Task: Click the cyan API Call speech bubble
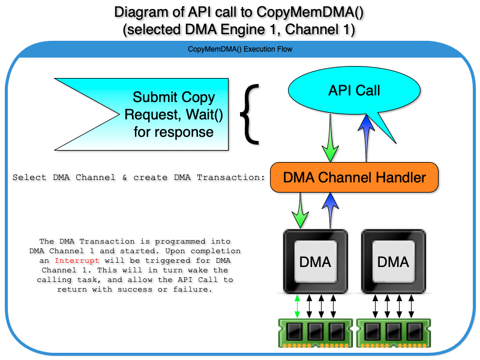coord(354,91)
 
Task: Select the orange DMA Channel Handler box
coord(354,177)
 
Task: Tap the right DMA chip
coord(393,262)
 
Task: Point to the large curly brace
coord(250,114)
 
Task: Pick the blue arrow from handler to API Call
coord(365,138)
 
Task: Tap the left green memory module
coord(316,332)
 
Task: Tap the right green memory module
coord(393,332)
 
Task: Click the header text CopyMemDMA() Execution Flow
coord(240,49)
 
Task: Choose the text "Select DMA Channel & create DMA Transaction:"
coord(139,178)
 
